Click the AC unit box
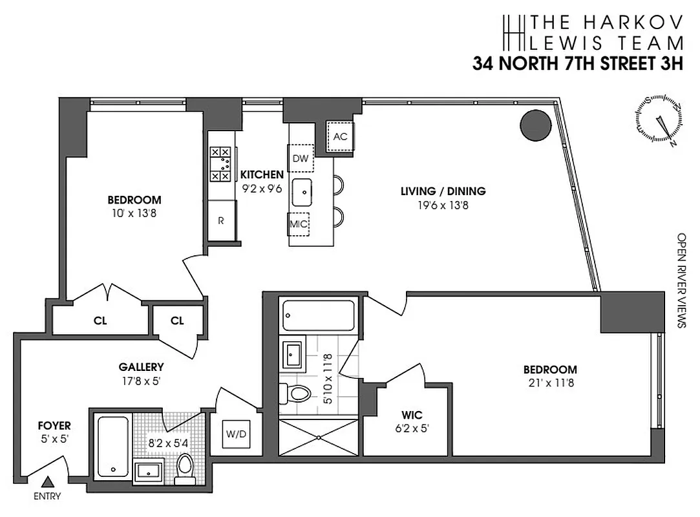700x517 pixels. pyautogui.click(x=340, y=136)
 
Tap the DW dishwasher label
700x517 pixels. pyautogui.click(x=300, y=158)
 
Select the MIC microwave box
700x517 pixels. pyautogui.click(x=299, y=224)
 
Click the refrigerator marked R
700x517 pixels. pyautogui.click(x=221, y=220)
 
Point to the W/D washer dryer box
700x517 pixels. pyautogui.click(x=236, y=434)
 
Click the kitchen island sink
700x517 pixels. pyautogui.click(x=302, y=191)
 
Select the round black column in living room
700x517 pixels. pyautogui.click(x=536, y=124)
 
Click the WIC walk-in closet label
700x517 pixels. pyautogui.click(x=411, y=415)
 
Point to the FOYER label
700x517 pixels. pyautogui.click(x=54, y=426)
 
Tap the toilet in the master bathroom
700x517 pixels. pyautogui.click(x=298, y=392)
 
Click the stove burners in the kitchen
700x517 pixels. pyautogui.click(x=220, y=164)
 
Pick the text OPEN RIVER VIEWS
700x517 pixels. pyautogui.click(x=681, y=280)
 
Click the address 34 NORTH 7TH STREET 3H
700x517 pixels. pyautogui.click(x=578, y=63)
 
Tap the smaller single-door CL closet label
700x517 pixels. pyautogui.click(x=178, y=321)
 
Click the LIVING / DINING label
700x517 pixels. pyautogui.click(x=443, y=191)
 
